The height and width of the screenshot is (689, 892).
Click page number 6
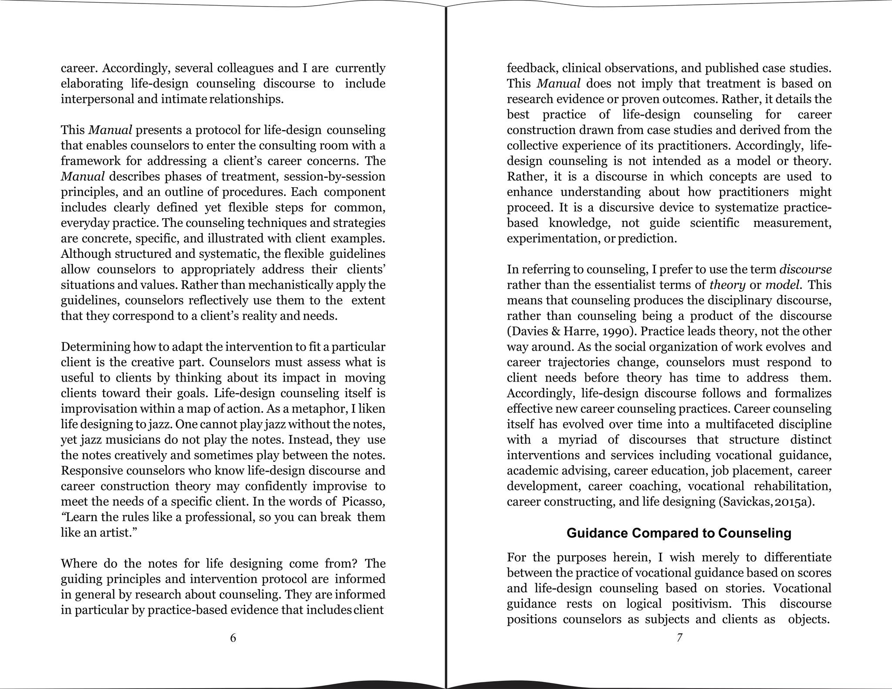[233, 638]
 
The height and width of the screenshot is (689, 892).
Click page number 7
[679, 638]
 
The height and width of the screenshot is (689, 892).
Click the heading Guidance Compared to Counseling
[679, 533]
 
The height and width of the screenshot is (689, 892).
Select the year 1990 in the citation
[617, 331]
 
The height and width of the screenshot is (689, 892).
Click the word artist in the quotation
[115, 533]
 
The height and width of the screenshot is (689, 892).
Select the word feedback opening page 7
[532, 68]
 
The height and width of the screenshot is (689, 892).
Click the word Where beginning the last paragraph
[78, 564]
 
